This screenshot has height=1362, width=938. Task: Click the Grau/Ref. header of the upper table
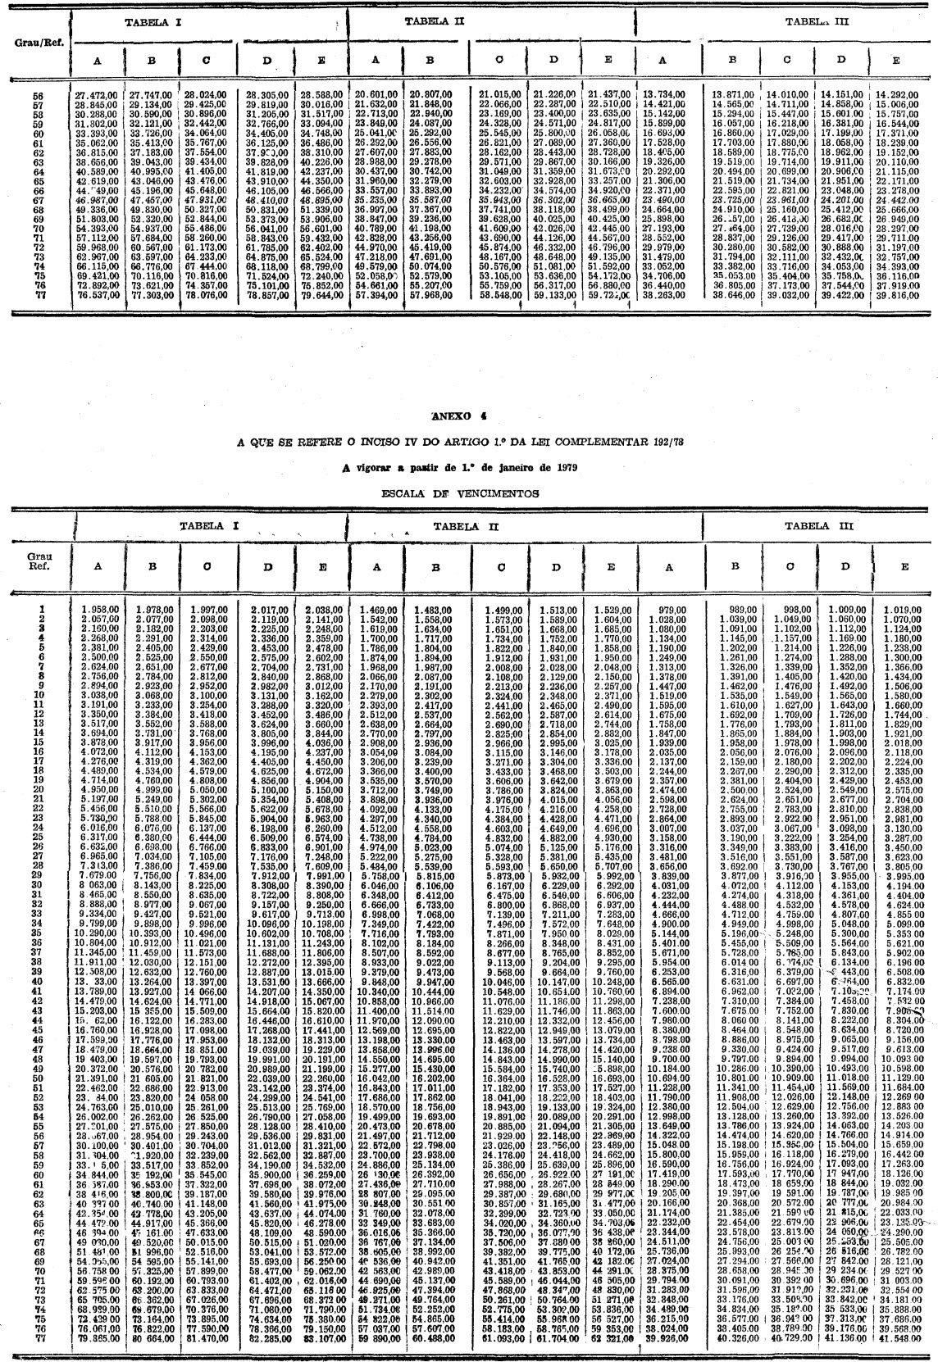[x=35, y=41]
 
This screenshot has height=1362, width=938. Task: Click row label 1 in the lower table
[x=40, y=609]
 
